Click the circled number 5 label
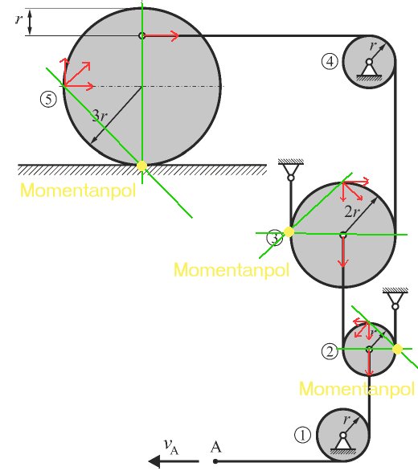48,100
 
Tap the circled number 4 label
330,61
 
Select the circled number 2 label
330,351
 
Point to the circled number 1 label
302,435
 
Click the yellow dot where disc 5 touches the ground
141,166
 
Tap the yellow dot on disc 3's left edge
289,232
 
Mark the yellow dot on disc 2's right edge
397,349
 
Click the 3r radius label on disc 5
100,116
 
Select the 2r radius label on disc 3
351,211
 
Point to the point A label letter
215,447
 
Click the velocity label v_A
171,446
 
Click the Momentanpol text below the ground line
78,190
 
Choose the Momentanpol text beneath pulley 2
357,389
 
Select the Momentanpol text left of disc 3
232,270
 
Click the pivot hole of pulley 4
369,62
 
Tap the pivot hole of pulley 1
343,436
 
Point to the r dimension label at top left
18,20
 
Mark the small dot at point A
215,461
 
